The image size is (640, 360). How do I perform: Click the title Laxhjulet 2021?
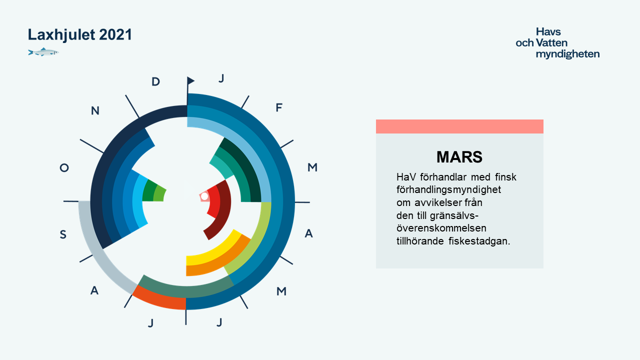pos(79,35)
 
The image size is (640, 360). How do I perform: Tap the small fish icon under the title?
pos(43,52)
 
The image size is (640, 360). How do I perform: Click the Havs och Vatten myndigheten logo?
pos(557,43)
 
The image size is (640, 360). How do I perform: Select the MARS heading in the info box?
pos(459,157)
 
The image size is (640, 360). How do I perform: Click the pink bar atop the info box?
pos(459,126)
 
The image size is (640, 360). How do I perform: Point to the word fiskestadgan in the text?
pos(479,241)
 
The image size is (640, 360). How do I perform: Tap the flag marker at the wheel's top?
pos(190,81)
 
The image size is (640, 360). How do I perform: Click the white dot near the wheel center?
pos(204,196)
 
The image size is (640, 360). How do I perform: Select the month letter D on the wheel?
pos(155,81)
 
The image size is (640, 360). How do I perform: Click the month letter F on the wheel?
pos(279,107)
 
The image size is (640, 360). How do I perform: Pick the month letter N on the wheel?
pos(95,110)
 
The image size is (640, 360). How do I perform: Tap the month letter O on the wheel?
pos(64,167)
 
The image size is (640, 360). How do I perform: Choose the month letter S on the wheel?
pos(63,234)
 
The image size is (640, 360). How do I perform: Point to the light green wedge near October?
pos(160,195)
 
